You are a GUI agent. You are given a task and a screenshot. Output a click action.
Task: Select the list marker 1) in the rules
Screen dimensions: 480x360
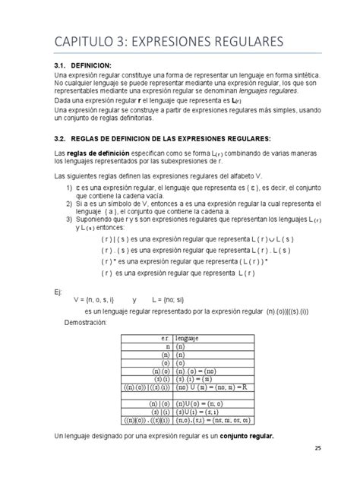[x=68, y=186]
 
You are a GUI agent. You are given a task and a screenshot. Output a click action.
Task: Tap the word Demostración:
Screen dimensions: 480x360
[x=94, y=323]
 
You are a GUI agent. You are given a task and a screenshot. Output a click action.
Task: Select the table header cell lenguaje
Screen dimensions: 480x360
[x=188, y=338]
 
